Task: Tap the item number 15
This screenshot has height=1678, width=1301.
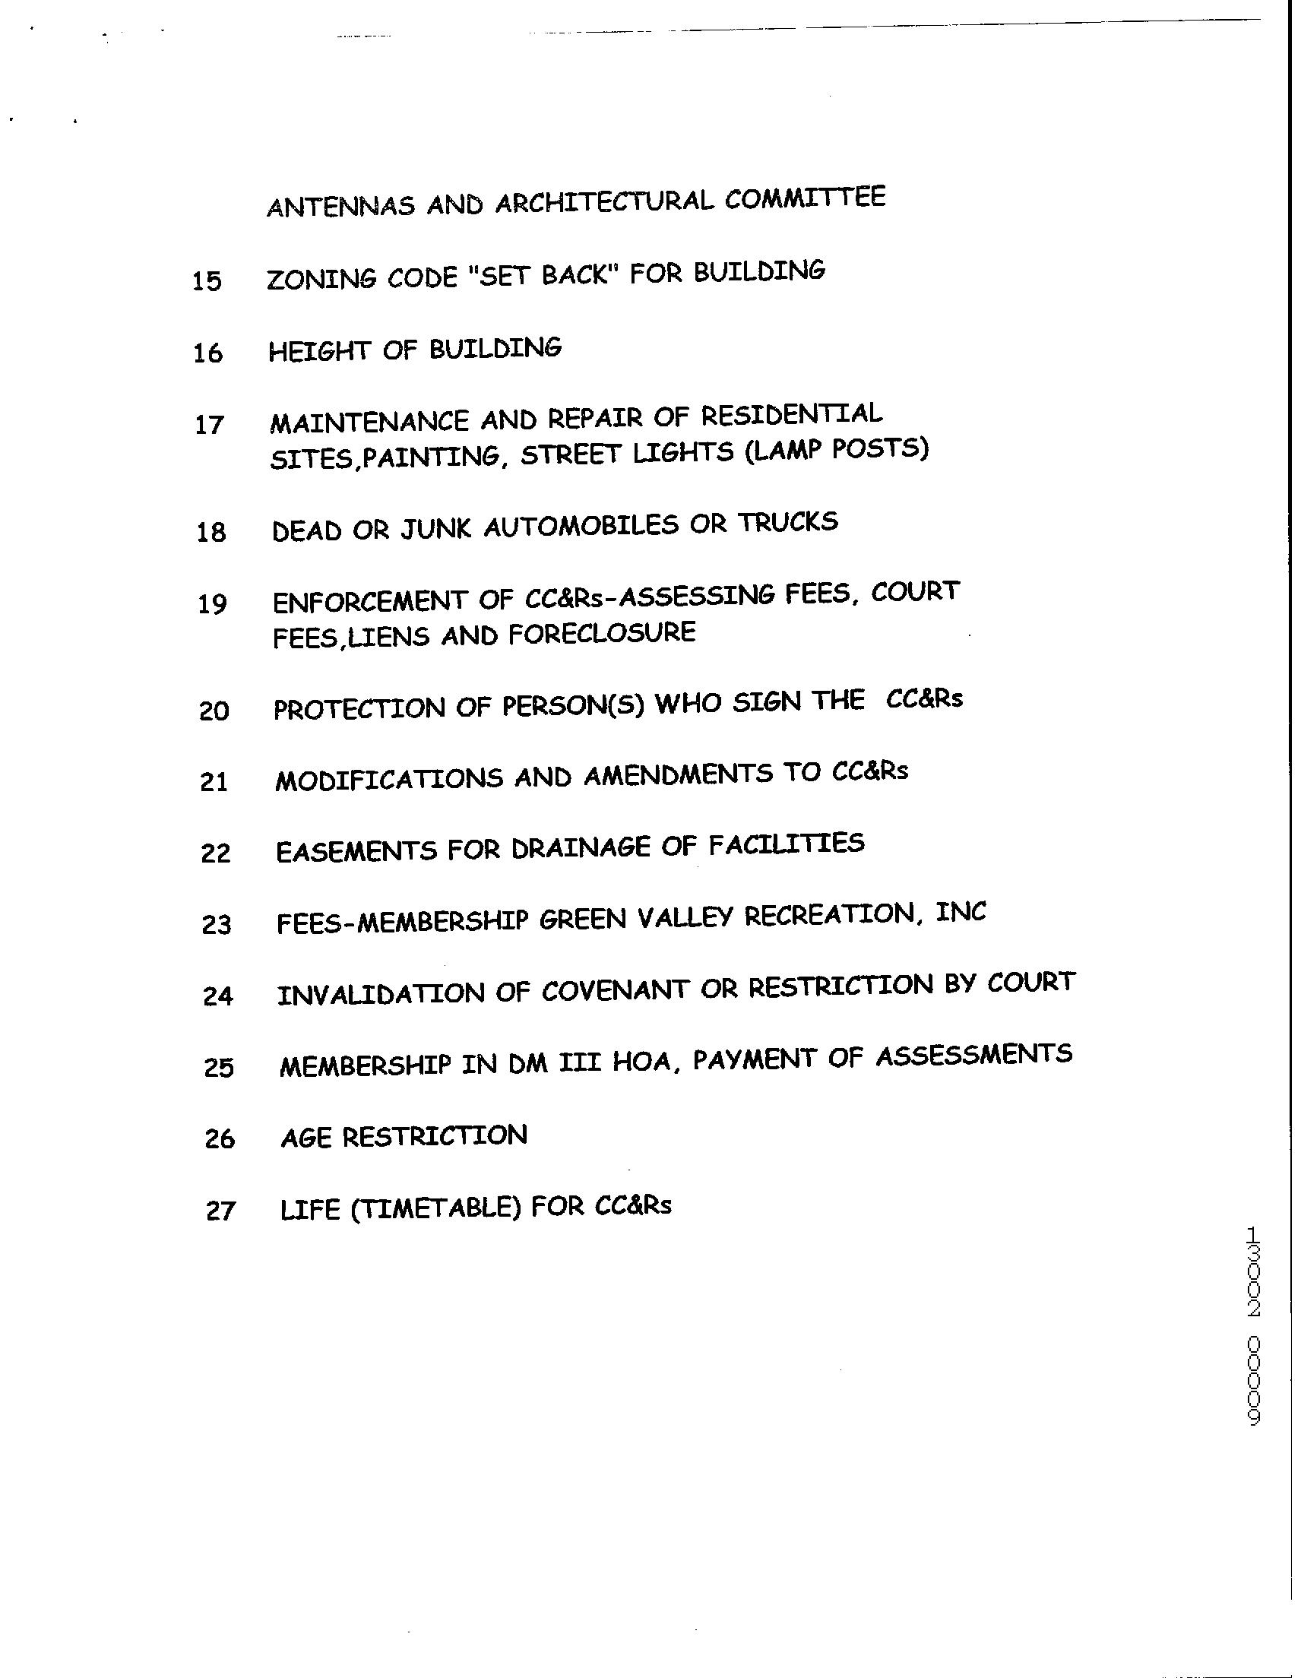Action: coord(207,281)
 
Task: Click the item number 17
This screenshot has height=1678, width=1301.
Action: coord(209,425)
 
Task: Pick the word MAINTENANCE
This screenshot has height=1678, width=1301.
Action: coord(369,422)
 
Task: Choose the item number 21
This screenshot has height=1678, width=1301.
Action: coord(214,782)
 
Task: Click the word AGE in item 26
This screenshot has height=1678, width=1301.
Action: coord(305,1137)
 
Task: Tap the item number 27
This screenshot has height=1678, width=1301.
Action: coord(220,1211)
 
